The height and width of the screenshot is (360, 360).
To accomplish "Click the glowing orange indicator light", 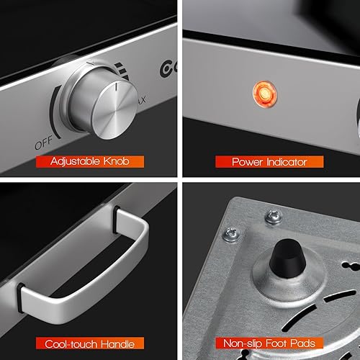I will click(264, 92).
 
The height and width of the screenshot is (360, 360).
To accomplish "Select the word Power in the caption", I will click(247, 162).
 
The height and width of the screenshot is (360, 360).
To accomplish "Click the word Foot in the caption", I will click(279, 343).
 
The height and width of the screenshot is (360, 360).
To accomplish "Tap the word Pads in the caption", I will click(305, 343).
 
